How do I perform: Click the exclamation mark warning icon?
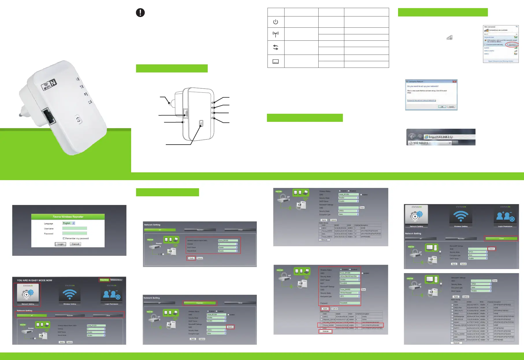(140, 13)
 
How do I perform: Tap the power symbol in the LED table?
(276, 22)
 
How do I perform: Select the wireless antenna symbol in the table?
(276, 35)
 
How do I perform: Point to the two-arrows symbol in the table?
(276, 47)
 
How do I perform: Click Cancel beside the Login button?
(75, 244)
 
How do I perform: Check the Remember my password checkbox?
(64, 238)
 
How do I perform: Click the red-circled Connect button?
(512, 45)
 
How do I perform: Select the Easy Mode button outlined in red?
(104, 280)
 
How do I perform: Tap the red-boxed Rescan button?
(326, 331)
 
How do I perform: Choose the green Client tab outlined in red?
(501, 238)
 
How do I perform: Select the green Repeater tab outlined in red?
(200, 303)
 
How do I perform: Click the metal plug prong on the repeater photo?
(21, 115)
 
